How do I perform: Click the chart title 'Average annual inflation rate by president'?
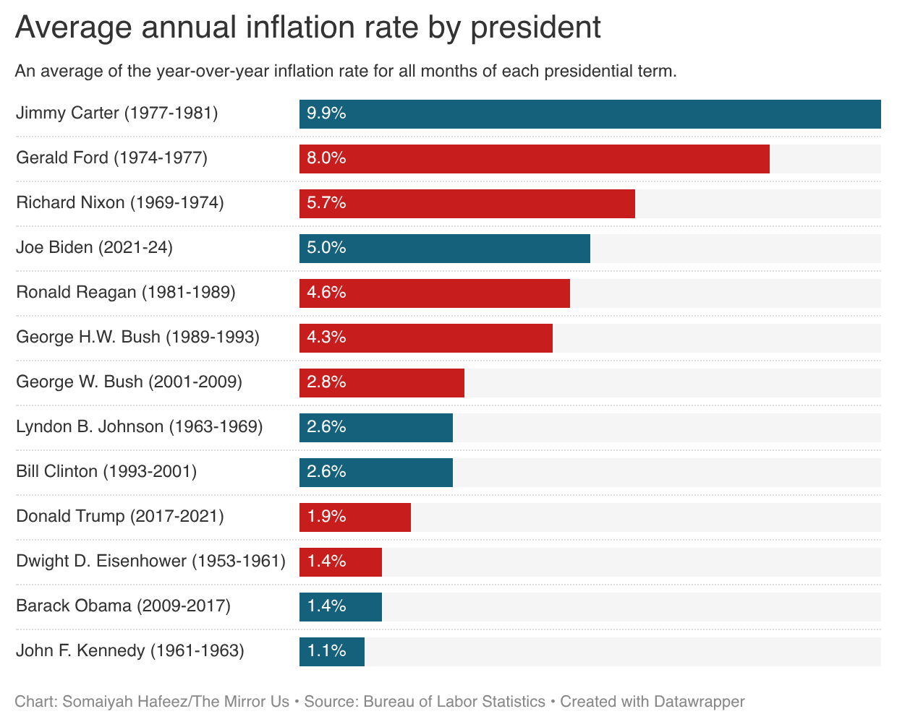coord(307,27)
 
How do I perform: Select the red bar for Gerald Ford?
coord(534,159)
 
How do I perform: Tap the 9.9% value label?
coord(326,113)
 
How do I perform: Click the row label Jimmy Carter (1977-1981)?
coord(116,113)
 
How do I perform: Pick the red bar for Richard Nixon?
coord(467,204)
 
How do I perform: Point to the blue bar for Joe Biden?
coord(444,249)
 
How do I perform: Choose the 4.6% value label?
coord(326,293)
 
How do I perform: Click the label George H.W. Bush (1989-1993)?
coord(137,337)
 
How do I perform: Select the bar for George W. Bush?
coord(381,383)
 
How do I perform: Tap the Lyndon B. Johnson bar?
coord(375,428)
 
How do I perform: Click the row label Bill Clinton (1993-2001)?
coord(106,472)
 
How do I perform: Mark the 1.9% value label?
coord(326,517)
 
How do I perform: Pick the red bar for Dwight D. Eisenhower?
coord(340,562)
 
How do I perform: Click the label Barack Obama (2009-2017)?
coord(123,606)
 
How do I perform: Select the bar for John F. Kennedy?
coord(331,652)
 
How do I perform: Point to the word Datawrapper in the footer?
coord(699,702)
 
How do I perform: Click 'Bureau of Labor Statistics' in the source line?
coord(454,702)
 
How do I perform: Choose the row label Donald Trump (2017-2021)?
coord(120,517)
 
